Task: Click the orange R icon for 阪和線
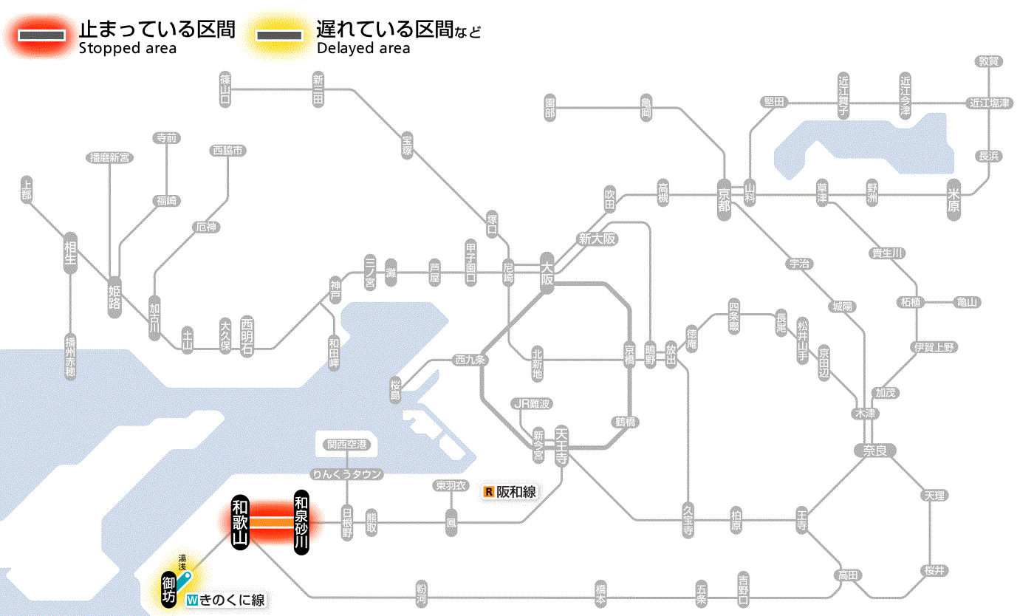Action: [x=488, y=492]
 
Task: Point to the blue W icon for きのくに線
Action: [x=193, y=600]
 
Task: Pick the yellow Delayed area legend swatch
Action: [x=278, y=35]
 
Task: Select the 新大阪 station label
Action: [x=597, y=239]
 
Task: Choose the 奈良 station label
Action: [x=874, y=450]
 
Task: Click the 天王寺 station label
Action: [x=562, y=445]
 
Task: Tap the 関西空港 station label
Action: [x=346, y=445]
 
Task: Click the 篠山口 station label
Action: [x=225, y=89]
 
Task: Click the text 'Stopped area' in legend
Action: [x=128, y=49]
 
